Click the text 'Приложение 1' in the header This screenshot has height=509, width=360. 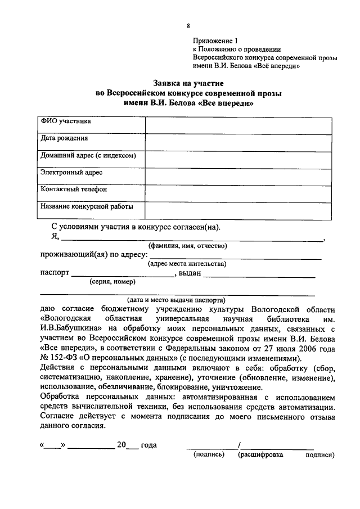(215, 40)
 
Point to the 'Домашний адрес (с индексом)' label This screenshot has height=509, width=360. (88, 156)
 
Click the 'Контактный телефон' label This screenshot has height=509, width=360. (73, 190)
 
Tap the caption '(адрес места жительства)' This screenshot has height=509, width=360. (187, 263)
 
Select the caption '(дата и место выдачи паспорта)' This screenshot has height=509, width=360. (176, 300)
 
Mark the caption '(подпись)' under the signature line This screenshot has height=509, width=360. (207, 454)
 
